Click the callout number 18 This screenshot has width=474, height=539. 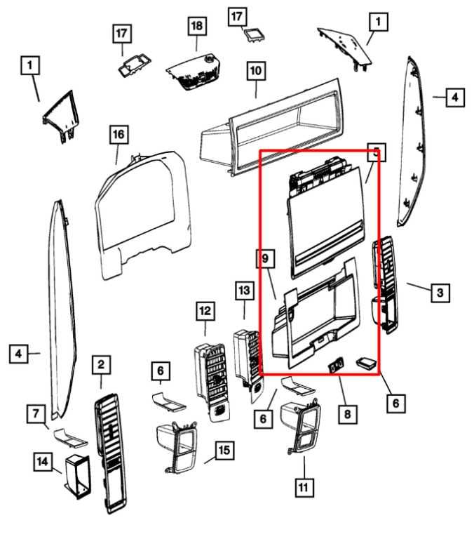click(197, 26)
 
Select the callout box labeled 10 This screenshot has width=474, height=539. click(254, 71)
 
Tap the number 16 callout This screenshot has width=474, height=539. click(118, 133)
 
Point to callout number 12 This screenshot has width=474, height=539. click(205, 310)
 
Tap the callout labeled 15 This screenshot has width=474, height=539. click(224, 450)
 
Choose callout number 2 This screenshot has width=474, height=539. click(101, 364)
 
